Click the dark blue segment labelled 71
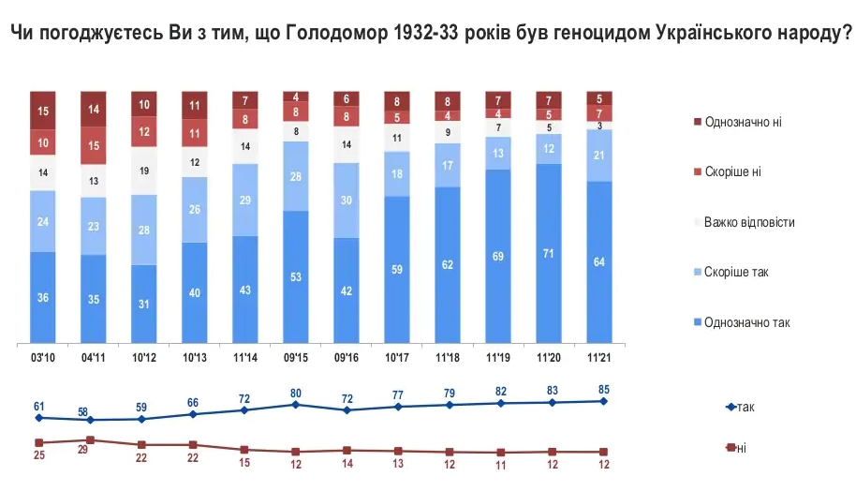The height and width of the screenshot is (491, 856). point(549,253)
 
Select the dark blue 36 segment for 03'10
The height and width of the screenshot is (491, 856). point(43,297)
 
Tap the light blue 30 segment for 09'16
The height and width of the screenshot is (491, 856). point(347,200)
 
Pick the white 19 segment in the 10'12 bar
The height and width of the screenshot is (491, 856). point(144,171)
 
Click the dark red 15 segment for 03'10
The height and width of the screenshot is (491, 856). point(43,112)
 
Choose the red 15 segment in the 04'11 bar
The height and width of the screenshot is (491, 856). point(94,145)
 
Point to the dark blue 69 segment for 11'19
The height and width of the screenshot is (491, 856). point(498,256)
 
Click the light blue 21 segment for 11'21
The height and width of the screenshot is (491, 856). point(599,155)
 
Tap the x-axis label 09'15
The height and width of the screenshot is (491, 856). point(296,356)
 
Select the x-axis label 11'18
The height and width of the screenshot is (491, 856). point(448,356)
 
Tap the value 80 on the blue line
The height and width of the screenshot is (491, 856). point(296,393)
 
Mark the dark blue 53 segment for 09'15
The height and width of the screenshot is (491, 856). point(296,276)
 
